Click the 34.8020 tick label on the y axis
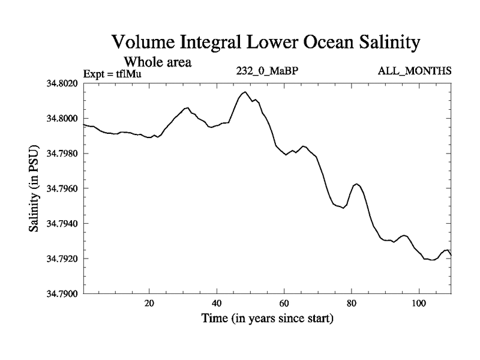63,83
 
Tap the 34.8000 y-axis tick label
63,119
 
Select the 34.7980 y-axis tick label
63,154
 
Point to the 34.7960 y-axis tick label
63,189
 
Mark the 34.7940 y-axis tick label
63,224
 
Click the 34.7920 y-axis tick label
63,259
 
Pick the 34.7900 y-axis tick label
63,294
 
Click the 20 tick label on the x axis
149,304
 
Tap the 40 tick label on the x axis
217,304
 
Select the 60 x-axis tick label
284,304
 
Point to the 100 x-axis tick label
418,304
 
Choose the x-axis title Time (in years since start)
267,319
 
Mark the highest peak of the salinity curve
244,92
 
